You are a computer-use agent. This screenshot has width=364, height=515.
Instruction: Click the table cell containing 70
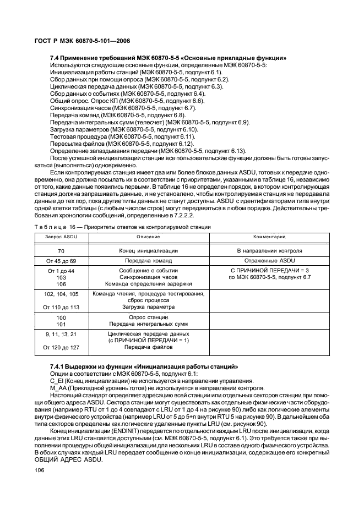[x=61, y=250]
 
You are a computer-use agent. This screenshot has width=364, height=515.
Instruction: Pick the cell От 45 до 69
[x=61, y=260]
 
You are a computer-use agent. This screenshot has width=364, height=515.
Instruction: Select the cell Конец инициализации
[x=148, y=250]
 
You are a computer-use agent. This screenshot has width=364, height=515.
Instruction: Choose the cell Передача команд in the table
[x=148, y=260]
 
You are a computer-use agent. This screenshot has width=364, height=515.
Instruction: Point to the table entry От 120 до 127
[x=61, y=347]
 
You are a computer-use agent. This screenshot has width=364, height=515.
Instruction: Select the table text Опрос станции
[x=148, y=317]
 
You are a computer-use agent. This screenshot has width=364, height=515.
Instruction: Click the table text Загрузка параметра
[x=148, y=307]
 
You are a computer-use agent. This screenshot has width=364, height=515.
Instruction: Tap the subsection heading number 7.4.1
[x=58, y=366]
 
